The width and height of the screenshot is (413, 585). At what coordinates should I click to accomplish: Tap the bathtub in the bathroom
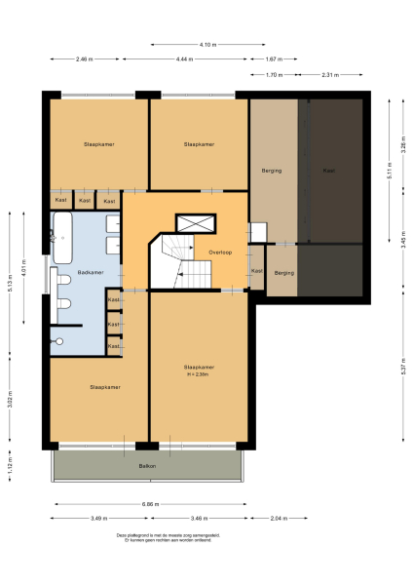tap(62, 238)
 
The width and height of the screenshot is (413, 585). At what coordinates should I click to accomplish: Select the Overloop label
tap(219, 252)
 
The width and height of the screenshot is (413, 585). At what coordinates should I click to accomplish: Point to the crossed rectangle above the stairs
tap(191, 222)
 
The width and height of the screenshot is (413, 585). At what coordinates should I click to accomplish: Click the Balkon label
tap(147, 466)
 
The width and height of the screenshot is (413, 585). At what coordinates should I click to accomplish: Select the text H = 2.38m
tap(199, 373)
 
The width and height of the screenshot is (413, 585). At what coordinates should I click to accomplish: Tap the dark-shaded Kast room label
tap(329, 171)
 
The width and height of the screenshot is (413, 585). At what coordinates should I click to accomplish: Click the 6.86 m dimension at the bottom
tap(148, 504)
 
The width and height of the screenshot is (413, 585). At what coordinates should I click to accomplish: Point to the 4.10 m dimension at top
tap(206, 44)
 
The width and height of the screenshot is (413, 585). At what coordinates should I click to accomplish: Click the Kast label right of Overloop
tap(257, 270)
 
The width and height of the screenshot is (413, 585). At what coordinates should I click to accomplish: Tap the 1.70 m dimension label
tap(274, 74)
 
